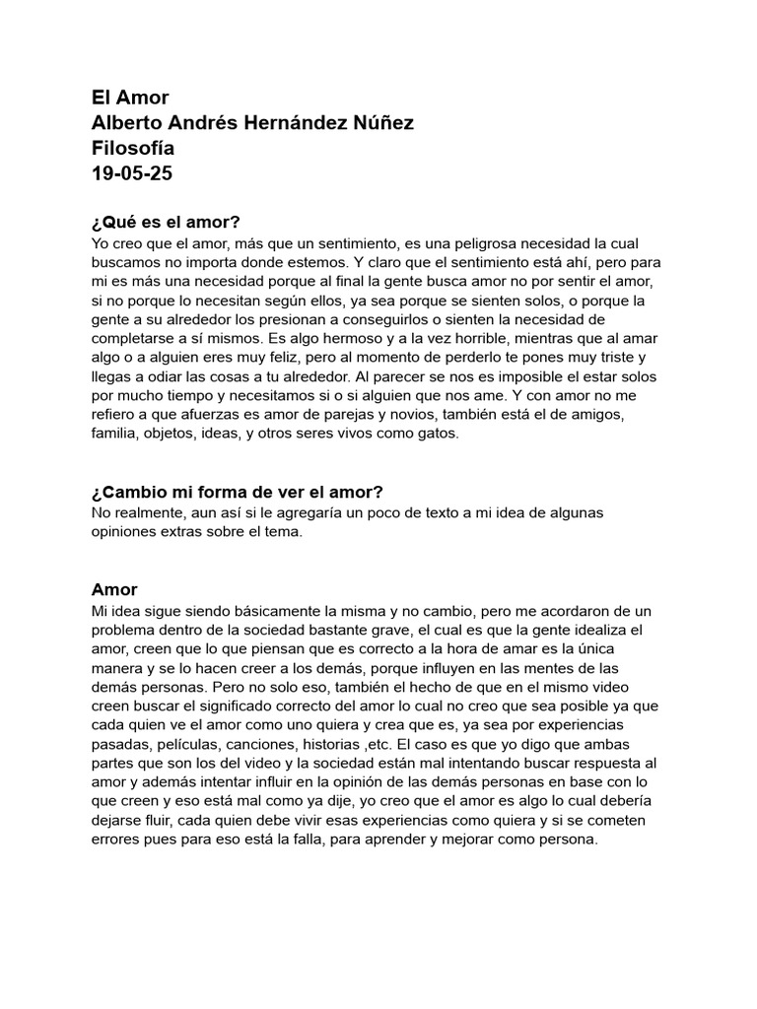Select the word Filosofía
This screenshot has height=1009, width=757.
133,149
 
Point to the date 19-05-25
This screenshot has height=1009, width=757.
130,174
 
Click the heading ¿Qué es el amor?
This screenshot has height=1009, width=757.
166,221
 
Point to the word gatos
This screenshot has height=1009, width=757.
437,434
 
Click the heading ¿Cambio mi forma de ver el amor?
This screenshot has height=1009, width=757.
238,492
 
